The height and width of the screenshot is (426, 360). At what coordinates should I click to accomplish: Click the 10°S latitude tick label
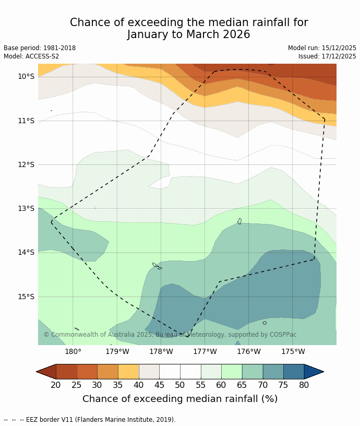26,76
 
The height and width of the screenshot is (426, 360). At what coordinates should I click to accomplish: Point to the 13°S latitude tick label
26,208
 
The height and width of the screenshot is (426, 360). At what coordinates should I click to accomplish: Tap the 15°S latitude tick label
26,297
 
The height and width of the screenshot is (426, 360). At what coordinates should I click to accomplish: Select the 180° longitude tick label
73,352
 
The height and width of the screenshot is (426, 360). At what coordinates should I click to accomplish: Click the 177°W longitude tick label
205,352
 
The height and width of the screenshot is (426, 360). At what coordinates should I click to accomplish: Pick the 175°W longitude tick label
293,352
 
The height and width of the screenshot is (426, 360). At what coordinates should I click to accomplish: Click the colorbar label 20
56,385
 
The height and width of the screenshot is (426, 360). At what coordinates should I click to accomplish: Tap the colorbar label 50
180,385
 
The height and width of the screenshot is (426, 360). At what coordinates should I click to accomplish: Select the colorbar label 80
304,385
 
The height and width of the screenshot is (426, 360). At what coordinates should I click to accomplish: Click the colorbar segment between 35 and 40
128,372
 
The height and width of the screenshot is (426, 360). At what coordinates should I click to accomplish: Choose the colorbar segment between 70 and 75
273,372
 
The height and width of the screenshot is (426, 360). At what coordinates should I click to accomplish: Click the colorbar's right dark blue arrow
313,372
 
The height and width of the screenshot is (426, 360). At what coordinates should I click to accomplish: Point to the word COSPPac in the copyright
282,335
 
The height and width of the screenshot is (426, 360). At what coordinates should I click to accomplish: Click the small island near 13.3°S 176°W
239,221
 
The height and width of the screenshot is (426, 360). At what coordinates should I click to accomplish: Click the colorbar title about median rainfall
180,399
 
